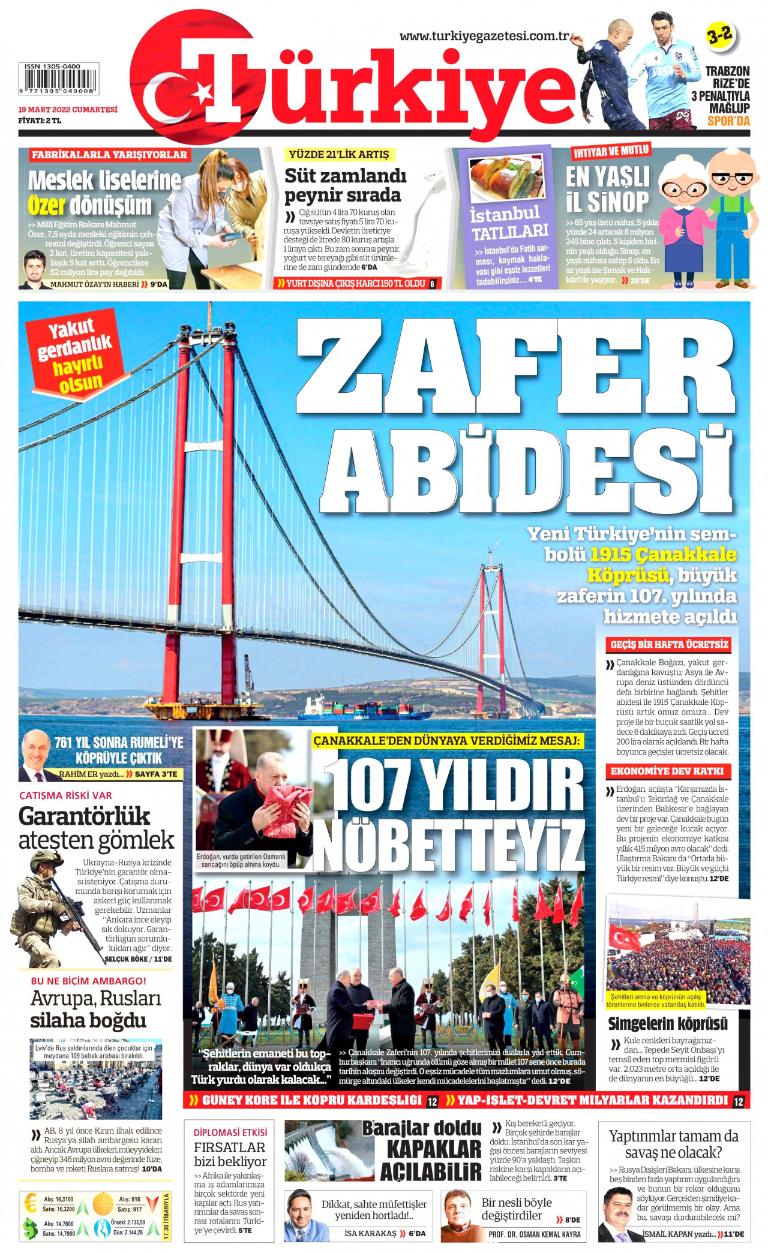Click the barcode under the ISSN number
(58, 79)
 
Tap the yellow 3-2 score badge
(719, 35)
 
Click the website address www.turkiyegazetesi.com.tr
(484, 36)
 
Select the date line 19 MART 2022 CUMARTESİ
(67, 110)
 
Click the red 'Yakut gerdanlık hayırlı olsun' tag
(75, 354)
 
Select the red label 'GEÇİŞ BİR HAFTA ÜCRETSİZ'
(669, 645)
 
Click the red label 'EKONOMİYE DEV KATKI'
(667, 771)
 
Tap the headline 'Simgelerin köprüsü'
(667, 1024)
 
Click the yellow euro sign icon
(29, 1203)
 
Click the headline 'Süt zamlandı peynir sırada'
(345, 185)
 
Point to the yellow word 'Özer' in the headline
(46, 206)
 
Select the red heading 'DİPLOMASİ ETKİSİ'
(230, 1132)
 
